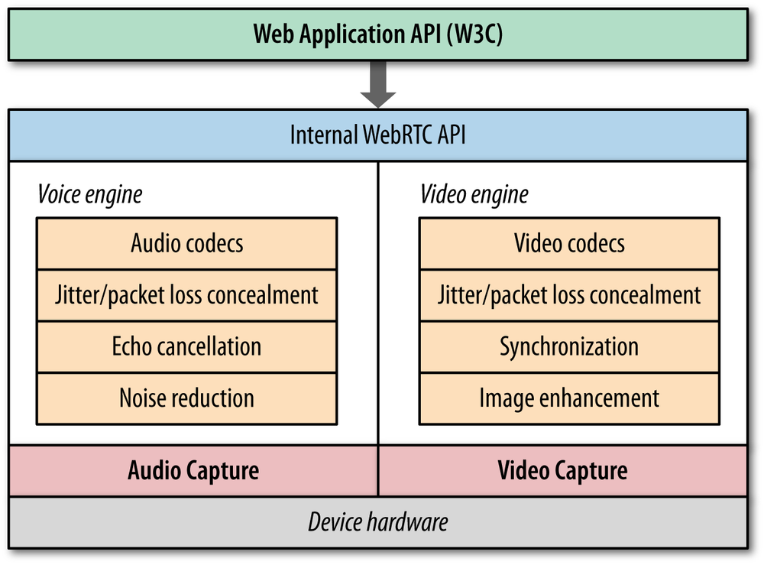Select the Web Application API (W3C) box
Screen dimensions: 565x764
point(378,34)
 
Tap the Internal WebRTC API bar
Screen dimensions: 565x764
point(378,135)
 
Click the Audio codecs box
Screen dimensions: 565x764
point(186,244)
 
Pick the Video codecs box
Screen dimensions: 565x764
point(569,244)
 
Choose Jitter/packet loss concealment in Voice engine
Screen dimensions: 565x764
point(186,295)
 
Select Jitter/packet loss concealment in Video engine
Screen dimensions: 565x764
point(569,295)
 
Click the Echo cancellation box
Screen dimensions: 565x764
point(186,346)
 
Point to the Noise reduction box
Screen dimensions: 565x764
point(186,398)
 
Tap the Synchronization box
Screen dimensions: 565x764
point(569,346)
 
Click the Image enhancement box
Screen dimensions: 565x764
point(569,398)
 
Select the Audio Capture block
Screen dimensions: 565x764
point(193,470)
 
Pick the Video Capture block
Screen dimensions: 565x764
point(563,470)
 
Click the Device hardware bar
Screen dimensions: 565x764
point(378,522)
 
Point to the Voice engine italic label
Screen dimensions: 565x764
point(90,194)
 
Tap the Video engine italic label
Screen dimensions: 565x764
point(474,194)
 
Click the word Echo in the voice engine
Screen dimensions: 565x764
point(132,346)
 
